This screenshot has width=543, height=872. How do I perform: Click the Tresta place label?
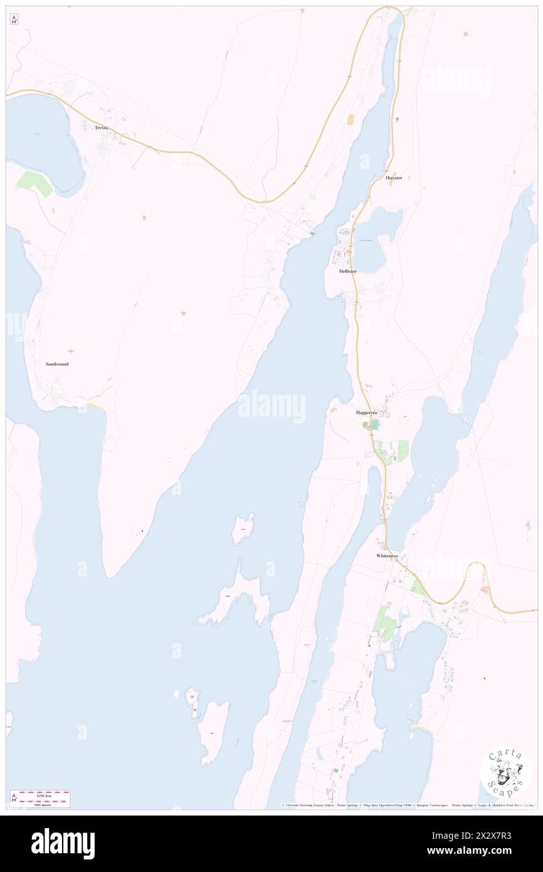click(101, 128)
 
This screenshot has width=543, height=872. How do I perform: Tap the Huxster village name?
click(394, 178)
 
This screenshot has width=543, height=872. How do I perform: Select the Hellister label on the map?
click(347, 271)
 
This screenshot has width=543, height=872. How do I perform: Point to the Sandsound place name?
click(57, 364)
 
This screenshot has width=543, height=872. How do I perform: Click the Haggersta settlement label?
click(366, 413)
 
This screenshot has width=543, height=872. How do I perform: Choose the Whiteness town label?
click(387, 556)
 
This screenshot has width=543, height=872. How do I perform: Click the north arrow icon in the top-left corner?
click(14, 19)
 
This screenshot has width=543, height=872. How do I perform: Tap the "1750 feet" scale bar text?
click(44, 795)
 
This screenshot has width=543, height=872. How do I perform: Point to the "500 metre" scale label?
click(44, 804)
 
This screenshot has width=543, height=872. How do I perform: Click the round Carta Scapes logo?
click(505, 771)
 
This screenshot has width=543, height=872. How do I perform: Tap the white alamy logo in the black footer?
click(63, 843)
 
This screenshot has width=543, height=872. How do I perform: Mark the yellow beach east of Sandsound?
click(95, 407)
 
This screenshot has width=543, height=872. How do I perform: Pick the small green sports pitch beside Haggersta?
click(374, 425)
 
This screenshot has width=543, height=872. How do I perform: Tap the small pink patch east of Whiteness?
click(485, 590)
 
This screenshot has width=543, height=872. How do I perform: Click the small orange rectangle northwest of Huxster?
click(351, 119)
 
